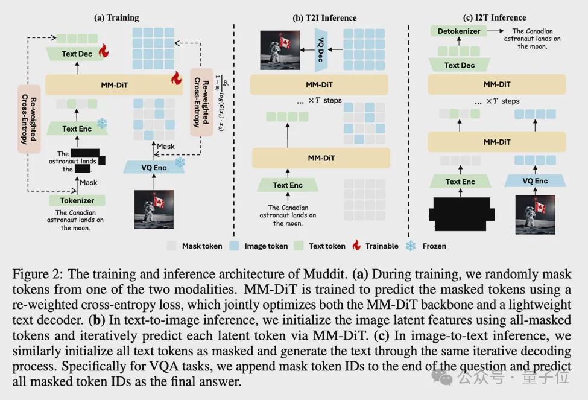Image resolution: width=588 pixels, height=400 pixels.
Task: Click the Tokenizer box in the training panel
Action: tap(77, 200)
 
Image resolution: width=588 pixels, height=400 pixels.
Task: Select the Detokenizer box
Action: tap(458, 31)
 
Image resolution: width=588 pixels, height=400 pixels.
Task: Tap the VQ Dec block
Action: tap(321, 49)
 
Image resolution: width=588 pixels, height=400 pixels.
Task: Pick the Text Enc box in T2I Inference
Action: tap(288, 185)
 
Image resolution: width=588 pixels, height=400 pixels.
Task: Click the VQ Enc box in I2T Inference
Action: tap(535, 181)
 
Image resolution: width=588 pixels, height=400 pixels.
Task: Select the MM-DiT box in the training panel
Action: tap(114, 85)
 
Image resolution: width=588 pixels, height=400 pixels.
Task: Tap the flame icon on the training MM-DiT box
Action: tap(176, 78)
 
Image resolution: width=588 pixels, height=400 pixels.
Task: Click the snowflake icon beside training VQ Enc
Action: tap(180, 162)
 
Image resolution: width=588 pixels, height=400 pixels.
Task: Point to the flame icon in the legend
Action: tap(356, 245)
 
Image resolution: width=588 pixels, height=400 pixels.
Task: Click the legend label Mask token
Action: tap(202, 246)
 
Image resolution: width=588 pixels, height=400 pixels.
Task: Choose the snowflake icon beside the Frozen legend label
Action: tap(411, 246)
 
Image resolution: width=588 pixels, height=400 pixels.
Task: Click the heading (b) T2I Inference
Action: tap(324, 18)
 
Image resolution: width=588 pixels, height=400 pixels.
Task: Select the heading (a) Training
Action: tap(116, 17)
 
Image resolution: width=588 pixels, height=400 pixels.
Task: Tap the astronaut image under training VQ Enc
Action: tap(154, 209)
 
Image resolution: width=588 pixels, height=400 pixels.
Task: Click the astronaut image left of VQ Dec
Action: tap(280, 50)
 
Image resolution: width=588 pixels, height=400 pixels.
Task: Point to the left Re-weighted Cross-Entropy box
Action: tap(29, 119)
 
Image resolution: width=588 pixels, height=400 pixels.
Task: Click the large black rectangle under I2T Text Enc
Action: tap(461, 214)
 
